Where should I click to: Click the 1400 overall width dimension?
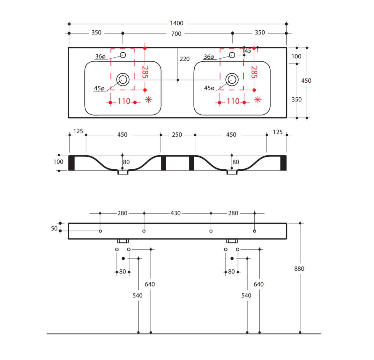(x=176, y=23)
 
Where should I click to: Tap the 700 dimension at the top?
(x=176, y=34)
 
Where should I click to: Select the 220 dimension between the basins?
(x=184, y=59)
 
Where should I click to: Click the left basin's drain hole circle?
(x=123, y=79)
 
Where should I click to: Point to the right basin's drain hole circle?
(x=232, y=79)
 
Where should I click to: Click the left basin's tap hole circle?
(x=123, y=55)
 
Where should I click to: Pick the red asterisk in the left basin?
(x=149, y=100)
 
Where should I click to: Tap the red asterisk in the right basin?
(x=258, y=100)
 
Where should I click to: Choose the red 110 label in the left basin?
(x=124, y=101)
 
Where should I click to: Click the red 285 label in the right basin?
(x=254, y=72)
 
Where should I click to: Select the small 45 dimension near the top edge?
(x=248, y=51)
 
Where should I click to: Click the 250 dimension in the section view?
(x=177, y=135)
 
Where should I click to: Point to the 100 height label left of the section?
(x=58, y=162)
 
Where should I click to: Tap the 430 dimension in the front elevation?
(x=176, y=213)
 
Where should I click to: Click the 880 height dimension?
(x=299, y=269)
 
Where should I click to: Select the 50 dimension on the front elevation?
(x=54, y=229)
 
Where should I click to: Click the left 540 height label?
(x=138, y=296)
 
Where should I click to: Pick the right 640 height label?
(x=258, y=284)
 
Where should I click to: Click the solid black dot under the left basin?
(x=123, y=258)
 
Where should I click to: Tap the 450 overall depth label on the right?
(x=306, y=81)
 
